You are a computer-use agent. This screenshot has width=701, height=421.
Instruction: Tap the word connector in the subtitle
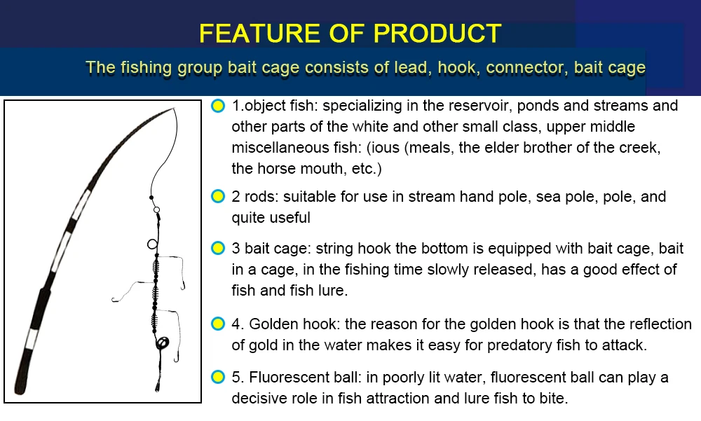(x=525, y=68)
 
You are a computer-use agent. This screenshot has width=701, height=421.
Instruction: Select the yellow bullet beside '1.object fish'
(x=218, y=106)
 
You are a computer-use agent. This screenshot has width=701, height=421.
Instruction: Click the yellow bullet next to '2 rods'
(x=218, y=197)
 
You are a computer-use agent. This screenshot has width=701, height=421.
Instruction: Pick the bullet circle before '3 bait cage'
(x=218, y=249)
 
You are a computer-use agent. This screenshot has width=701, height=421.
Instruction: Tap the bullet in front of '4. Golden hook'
(x=218, y=324)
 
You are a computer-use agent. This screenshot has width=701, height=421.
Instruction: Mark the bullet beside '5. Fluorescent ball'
(x=218, y=378)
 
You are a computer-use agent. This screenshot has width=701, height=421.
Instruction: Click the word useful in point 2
(x=287, y=218)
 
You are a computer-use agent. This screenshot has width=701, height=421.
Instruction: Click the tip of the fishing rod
(x=173, y=109)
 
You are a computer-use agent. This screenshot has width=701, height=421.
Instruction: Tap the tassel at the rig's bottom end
(x=158, y=384)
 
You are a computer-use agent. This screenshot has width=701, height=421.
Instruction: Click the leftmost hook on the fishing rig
(x=114, y=300)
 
